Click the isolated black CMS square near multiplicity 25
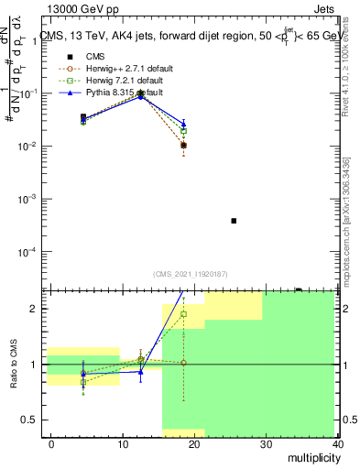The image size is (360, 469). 234,221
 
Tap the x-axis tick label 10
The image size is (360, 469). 122,443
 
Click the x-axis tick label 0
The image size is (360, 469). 51,443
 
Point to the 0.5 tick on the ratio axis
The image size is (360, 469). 32,420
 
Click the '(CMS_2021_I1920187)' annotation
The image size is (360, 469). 189,274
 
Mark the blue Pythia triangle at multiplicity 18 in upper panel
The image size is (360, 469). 183,124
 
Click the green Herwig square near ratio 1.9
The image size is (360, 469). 183,314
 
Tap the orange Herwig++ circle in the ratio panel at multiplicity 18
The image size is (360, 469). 183,363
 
